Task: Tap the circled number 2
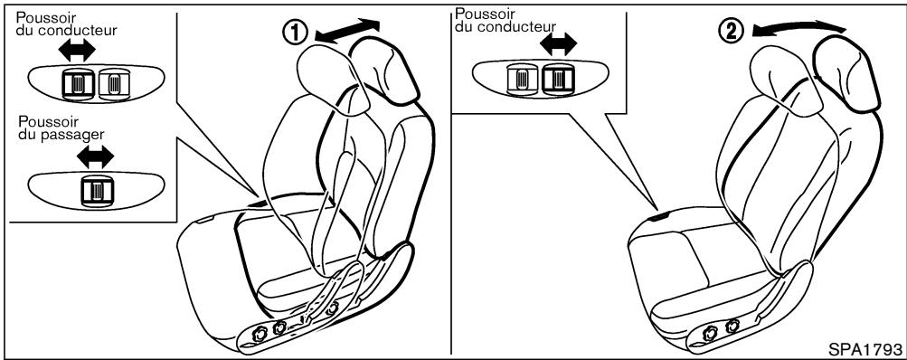tap(732, 31)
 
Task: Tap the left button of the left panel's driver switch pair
tap(75, 85)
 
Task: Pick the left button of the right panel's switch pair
tap(523, 80)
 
